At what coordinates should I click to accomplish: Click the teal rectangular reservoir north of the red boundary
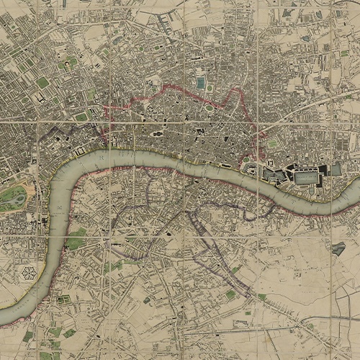coord(200,83)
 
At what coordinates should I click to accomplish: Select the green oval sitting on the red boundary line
coord(209,108)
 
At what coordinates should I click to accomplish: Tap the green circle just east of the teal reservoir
coord(210,84)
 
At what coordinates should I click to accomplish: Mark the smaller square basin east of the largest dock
coord(336,170)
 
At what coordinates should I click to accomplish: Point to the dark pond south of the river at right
coord(338,248)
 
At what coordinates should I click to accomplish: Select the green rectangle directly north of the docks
coord(272,143)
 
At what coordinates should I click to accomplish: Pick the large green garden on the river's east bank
coord(76,241)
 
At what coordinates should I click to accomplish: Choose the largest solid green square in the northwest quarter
coord(43,82)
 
